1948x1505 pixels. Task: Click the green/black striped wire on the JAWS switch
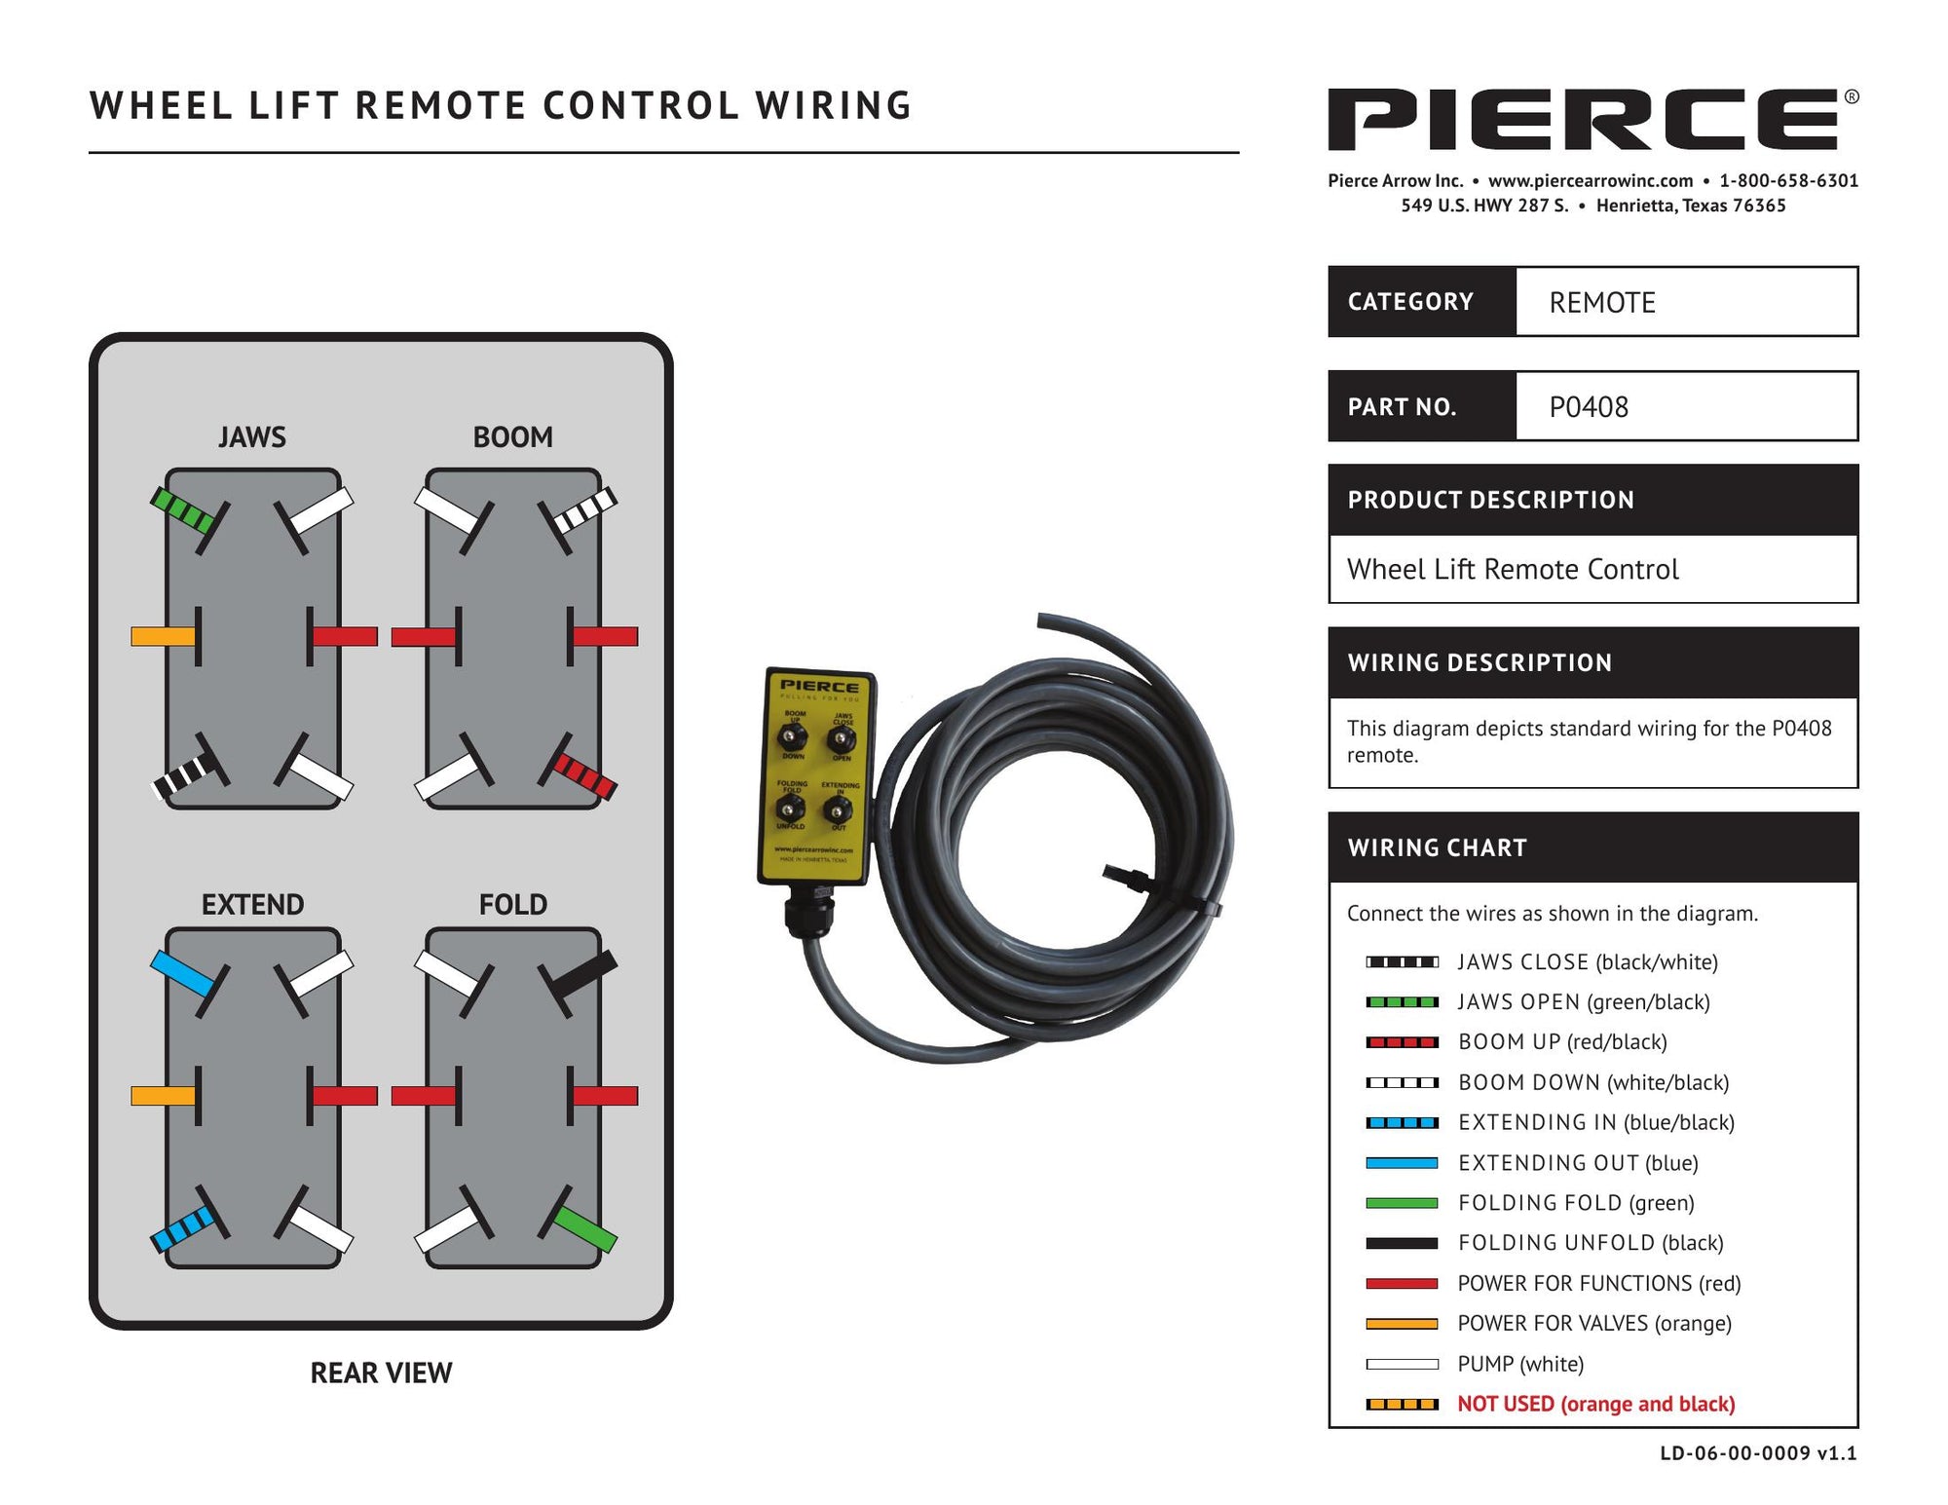pos(182,509)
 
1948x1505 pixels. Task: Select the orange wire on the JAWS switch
pos(163,636)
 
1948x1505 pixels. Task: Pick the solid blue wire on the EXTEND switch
pos(181,972)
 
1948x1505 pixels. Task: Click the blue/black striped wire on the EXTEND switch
pos(182,1228)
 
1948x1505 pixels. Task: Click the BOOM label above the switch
pos(512,437)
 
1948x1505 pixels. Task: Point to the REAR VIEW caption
pos(381,1373)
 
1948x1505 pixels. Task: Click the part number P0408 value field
pos(1686,406)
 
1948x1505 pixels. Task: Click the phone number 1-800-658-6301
pos(1788,180)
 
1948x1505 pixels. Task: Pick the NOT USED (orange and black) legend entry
pos(1595,1404)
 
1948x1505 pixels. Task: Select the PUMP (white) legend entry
pos(1520,1364)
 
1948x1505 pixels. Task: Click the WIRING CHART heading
pos(1437,847)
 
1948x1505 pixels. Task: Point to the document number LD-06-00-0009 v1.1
pos(1758,1453)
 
